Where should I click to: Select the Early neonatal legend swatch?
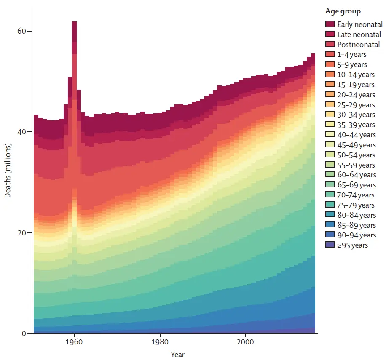point(330,24)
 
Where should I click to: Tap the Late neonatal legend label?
point(359,35)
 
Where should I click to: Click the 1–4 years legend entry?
point(351,54)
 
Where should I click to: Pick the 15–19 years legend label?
point(356,85)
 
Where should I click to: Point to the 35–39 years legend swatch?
point(330,125)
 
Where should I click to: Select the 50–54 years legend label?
point(356,155)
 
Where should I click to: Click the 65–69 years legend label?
point(356,185)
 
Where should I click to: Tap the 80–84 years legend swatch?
point(330,215)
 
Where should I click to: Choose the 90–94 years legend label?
point(356,235)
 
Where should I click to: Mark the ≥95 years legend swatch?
point(330,245)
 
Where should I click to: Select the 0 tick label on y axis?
point(24,333)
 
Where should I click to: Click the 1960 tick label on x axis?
point(74,342)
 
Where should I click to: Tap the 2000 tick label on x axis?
point(245,342)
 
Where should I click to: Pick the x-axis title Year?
point(177,355)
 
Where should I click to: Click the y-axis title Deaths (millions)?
point(8,171)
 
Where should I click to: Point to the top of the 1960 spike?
point(74,22)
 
